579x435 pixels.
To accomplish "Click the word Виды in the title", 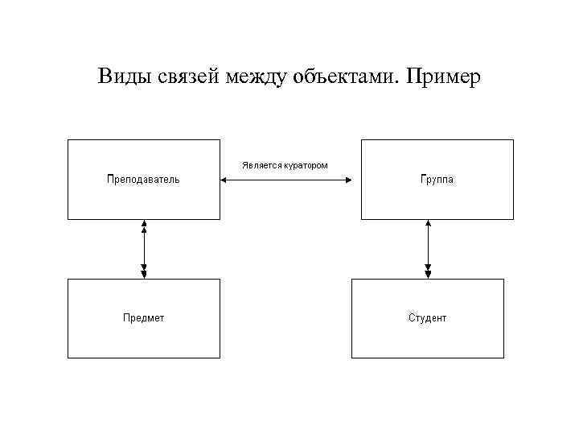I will click(122, 77).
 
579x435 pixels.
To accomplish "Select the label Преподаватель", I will click(143, 179).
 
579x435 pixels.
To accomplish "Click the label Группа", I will click(437, 179).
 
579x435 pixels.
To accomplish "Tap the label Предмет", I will click(143, 318).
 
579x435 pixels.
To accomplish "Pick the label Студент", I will click(428, 318).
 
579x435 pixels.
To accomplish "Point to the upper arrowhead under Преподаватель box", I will click(144, 225).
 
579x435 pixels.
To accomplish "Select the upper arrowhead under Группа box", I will click(428, 225).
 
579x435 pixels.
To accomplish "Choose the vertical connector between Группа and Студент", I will click(428, 249).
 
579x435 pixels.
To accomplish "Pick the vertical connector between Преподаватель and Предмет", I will click(144, 249).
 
